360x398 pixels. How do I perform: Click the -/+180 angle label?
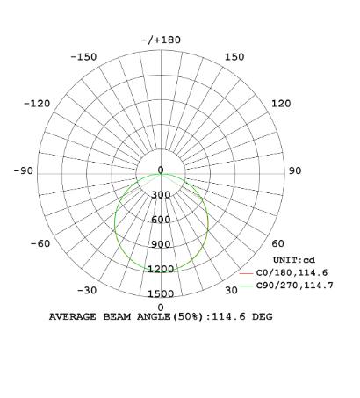161,40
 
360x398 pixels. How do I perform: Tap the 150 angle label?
234,57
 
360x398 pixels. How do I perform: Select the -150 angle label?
83,57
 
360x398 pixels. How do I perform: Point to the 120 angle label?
281,104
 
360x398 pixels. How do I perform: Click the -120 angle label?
37,104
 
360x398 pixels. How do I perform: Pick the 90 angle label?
295,170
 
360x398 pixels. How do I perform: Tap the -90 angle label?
24,170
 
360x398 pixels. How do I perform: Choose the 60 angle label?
277,243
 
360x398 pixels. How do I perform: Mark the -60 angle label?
40,243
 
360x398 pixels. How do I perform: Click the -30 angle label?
87,290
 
